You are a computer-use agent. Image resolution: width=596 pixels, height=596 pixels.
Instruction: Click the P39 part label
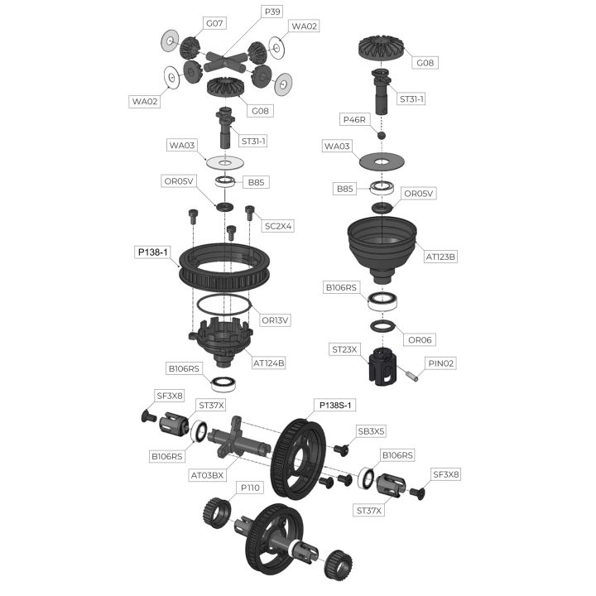click(272, 12)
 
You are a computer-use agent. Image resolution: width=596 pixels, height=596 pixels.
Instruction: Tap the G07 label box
click(214, 23)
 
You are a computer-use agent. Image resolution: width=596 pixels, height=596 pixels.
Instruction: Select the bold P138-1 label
click(152, 252)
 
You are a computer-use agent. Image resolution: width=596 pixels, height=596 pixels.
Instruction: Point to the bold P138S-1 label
click(335, 405)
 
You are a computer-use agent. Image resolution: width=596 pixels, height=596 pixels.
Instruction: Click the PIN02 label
click(440, 363)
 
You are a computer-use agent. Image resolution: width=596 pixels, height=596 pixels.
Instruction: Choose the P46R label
click(354, 120)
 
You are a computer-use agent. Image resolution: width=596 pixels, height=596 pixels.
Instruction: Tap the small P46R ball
click(382, 135)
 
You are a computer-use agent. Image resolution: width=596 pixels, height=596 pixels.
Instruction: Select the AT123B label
click(440, 257)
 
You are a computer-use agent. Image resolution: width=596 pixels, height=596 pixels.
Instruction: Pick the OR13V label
click(275, 320)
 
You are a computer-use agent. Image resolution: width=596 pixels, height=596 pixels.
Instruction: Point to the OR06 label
click(420, 340)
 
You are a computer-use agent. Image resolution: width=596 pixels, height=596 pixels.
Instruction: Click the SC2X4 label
click(278, 226)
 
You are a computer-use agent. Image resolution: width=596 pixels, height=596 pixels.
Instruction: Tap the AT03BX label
click(207, 475)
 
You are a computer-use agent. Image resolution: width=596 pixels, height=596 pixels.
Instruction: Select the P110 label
click(250, 488)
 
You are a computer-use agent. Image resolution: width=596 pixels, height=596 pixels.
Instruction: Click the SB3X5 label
click(371, 431)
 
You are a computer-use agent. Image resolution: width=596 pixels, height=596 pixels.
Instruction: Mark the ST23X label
click(344, 349)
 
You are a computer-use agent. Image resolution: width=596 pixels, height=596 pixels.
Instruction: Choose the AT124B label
click(268, 363)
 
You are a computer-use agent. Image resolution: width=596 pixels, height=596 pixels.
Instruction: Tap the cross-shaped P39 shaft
click(223, 62)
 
